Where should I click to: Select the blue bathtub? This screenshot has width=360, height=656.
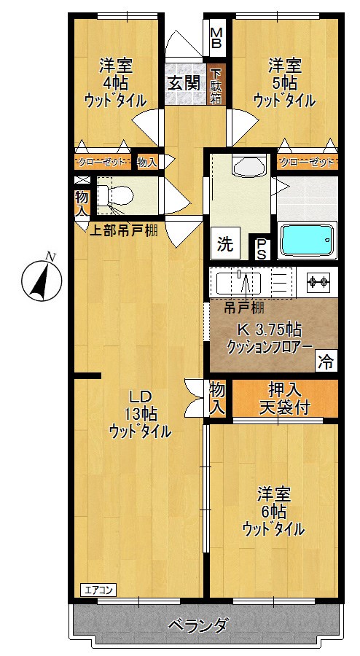coord(308,240)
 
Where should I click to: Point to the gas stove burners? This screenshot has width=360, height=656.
coord(318,281)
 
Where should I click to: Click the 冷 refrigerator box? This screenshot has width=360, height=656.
coord(327,360)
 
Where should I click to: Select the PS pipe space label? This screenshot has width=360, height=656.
coord(261,248)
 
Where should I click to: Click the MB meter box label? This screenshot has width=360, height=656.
coord(217,36)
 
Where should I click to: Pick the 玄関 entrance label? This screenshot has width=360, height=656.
coord(184,82)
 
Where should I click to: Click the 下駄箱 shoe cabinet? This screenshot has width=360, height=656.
coord(216,86)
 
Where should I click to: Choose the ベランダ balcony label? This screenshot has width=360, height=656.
coord(197,625)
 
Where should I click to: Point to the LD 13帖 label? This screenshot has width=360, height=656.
coord(140,414)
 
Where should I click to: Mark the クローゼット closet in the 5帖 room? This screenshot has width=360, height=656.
coord(307,161)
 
